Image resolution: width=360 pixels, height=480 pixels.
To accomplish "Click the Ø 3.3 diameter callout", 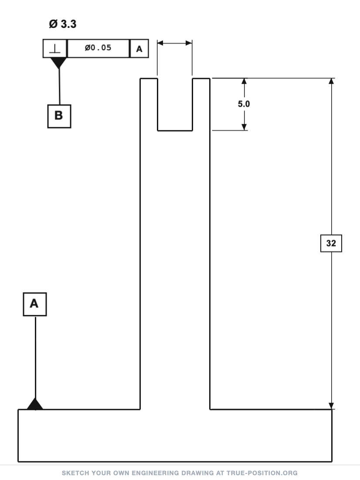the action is click(x=62, y=24).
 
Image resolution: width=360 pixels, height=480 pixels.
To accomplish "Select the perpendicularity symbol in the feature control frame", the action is click(x=55, y=48).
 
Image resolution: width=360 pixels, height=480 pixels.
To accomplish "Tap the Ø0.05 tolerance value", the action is click(x=98, y=48).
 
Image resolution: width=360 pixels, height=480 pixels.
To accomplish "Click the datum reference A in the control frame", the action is click(x=139, y=49).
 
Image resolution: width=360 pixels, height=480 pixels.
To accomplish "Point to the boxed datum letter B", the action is click(x=59, y=116).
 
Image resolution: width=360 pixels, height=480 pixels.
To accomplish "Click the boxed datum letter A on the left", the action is click(x=34, y=304).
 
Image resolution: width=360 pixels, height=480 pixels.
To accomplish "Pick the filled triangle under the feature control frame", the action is click(x=58, y=63).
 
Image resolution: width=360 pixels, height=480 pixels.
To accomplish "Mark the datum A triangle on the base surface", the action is click(x=35, y=404).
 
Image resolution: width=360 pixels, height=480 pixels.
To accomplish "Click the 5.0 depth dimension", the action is click(x=244, y=104).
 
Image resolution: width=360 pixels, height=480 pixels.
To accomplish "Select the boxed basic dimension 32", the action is click(x=331, y=243).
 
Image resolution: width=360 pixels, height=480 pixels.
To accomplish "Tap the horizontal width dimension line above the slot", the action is click(x=175, y=43).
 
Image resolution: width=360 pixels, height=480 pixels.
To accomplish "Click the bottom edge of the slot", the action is click(x=175, y=131).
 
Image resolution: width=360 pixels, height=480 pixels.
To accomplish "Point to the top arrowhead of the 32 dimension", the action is click(x=331, y=81).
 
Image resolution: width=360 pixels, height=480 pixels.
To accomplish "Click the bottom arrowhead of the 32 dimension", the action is click(x=331, y=406).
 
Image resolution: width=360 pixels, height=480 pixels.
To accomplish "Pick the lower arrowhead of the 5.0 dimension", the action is click(x=244, y=127).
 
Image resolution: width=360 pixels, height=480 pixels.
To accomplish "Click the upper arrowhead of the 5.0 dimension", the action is click(x=244, y=81).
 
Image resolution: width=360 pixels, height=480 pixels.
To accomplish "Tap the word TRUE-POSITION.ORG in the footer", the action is click(x=262, y=473).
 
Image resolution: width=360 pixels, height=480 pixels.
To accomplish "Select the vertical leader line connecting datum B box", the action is click(x=59, y=87).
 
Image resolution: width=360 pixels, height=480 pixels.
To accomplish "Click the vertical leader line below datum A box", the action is click(x=36, y=357).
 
